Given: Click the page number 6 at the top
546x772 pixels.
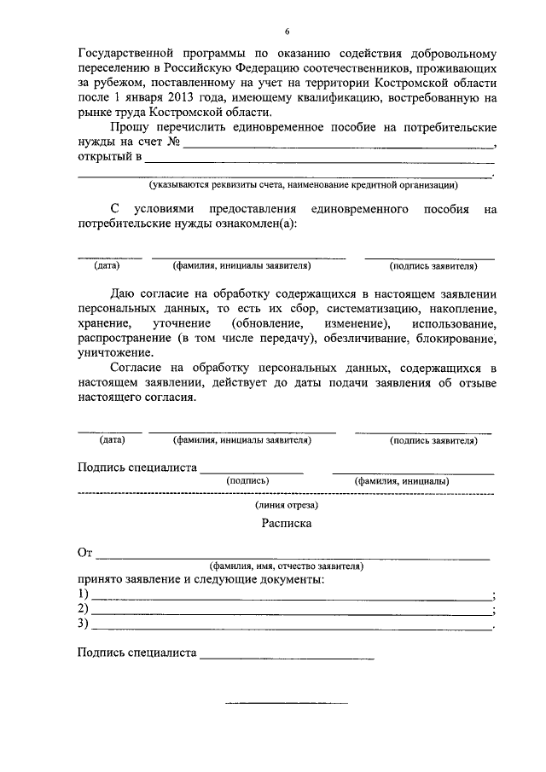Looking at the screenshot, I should coord(287,32).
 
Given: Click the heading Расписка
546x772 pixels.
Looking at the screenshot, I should coord(287,524).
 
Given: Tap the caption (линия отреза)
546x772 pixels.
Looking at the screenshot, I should coord(287,505).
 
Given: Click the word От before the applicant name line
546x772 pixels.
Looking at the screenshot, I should coord(84,553).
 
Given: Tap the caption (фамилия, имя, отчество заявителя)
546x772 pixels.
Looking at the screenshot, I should coord(287,566).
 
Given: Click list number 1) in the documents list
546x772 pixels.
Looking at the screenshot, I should coord(83,594).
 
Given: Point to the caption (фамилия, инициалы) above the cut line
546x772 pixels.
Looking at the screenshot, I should coord(402,481).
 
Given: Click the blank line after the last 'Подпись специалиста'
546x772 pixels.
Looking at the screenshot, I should coord(287,655).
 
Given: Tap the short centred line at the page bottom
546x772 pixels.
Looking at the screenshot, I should coord(287,702).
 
